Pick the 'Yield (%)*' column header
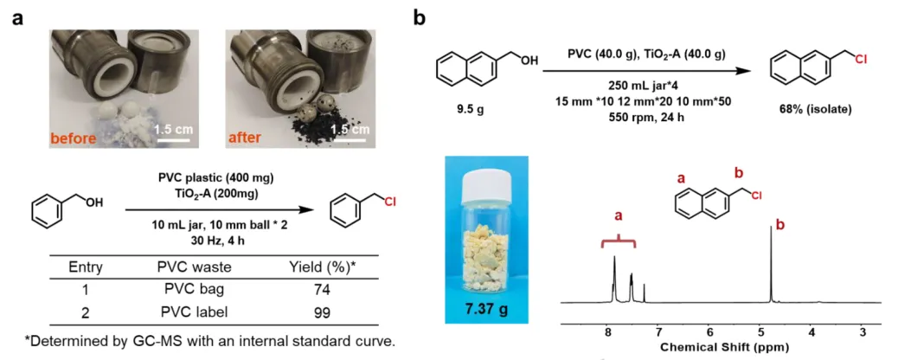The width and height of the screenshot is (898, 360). pyautogui.click(x=320, y=268)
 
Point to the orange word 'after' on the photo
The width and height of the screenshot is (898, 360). pyautogui.click(x=247, y=138)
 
